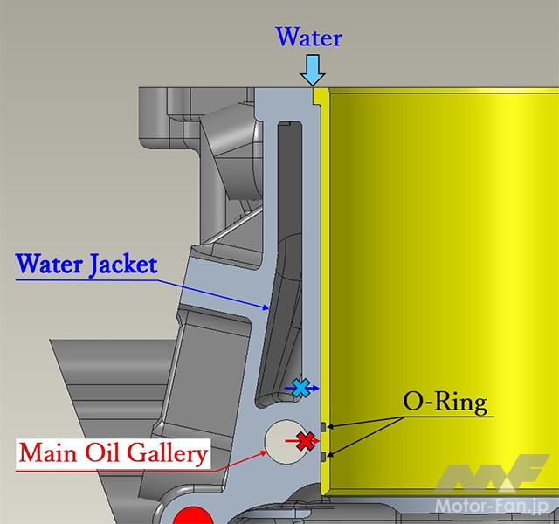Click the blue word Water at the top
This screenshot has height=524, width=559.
308,37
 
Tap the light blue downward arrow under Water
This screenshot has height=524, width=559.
313,70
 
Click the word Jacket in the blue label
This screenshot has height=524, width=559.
123,265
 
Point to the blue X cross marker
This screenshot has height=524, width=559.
300,388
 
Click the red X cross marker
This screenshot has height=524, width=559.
306,441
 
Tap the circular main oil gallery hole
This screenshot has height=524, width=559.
284,442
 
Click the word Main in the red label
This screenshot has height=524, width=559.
48,453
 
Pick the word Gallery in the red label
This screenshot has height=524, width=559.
167,454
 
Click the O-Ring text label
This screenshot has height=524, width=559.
445,403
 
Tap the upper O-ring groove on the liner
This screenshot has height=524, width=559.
323,426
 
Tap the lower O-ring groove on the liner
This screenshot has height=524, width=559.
323,456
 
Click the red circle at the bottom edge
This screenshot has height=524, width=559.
193,516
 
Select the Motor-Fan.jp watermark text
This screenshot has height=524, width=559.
492,506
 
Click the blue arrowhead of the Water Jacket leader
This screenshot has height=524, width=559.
266,307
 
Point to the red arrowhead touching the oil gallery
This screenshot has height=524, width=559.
263,453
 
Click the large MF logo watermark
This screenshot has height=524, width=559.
492,472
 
